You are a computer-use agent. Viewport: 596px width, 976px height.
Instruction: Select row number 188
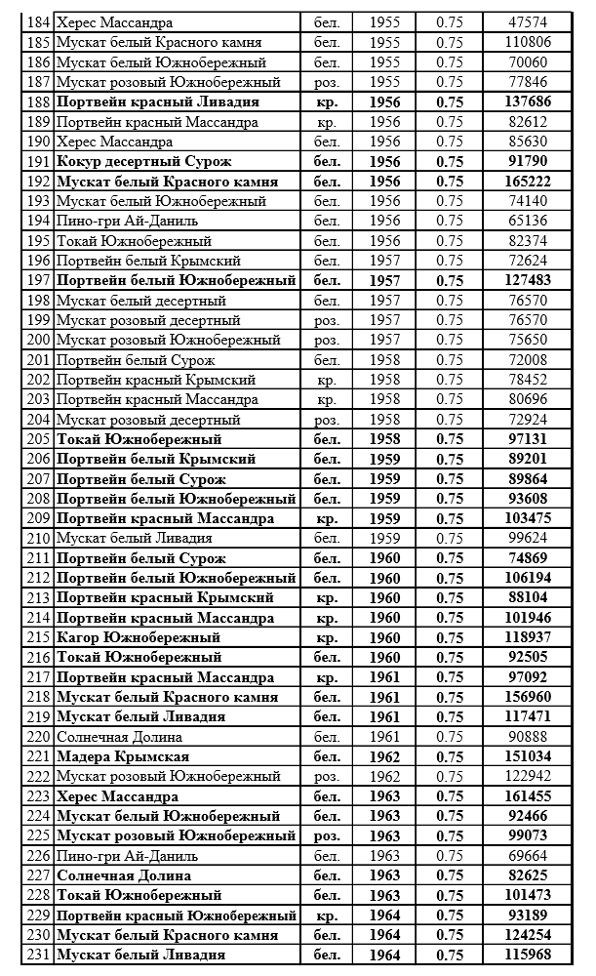(38, 102)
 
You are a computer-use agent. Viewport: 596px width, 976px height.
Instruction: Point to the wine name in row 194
(121, 221)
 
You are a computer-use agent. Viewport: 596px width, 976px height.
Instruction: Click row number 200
(38, 340)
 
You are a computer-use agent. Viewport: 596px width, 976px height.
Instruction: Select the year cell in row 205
(385, 439)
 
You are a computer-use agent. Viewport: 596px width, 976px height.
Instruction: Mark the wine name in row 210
(134, 538)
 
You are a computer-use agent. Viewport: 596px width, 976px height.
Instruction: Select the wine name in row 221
(123, 756)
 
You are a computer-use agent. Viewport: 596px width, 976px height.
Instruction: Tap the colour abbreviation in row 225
(327, 835)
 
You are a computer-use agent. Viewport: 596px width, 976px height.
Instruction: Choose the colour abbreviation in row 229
(327, 915)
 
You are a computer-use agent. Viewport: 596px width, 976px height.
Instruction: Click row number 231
(38, 955)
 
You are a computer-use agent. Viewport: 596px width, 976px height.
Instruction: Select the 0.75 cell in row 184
(450, 21)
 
